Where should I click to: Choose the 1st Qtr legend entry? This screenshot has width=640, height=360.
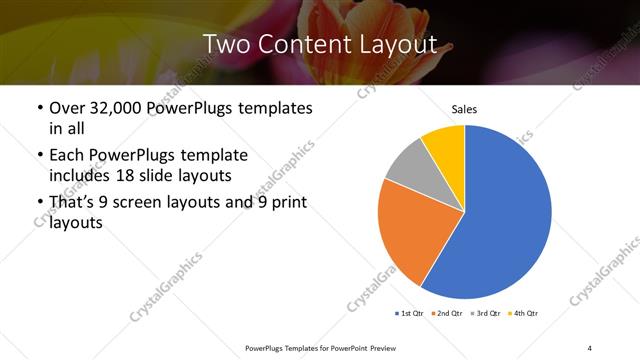click(410, 313)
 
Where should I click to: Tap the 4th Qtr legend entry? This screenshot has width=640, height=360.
click(526, 313)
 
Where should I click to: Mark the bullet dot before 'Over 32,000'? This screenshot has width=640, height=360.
click(39, 107)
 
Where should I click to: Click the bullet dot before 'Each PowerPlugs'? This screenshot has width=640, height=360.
click(39, 155)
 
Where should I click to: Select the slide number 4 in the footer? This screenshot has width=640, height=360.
click(589, 347)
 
